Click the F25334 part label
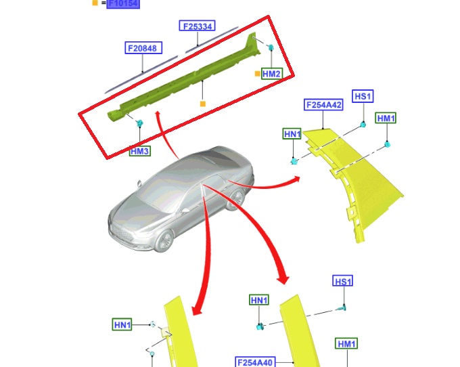point(197,26)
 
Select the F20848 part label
point(143,48)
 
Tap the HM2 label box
point(272,74)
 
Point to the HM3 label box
point(140,151)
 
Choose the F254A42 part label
point(323,105)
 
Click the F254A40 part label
point(255,362)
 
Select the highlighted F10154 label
point(123,3)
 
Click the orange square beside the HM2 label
point(257,74)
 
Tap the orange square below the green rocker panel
point(203,104)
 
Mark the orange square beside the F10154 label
point(95,3)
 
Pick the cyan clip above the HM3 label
point(140,123)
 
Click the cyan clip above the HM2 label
point(271,47)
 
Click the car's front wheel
point(164,241)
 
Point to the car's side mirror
point(185,210)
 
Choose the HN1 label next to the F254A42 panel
point(292,134)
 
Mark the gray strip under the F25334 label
point(212,40)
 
